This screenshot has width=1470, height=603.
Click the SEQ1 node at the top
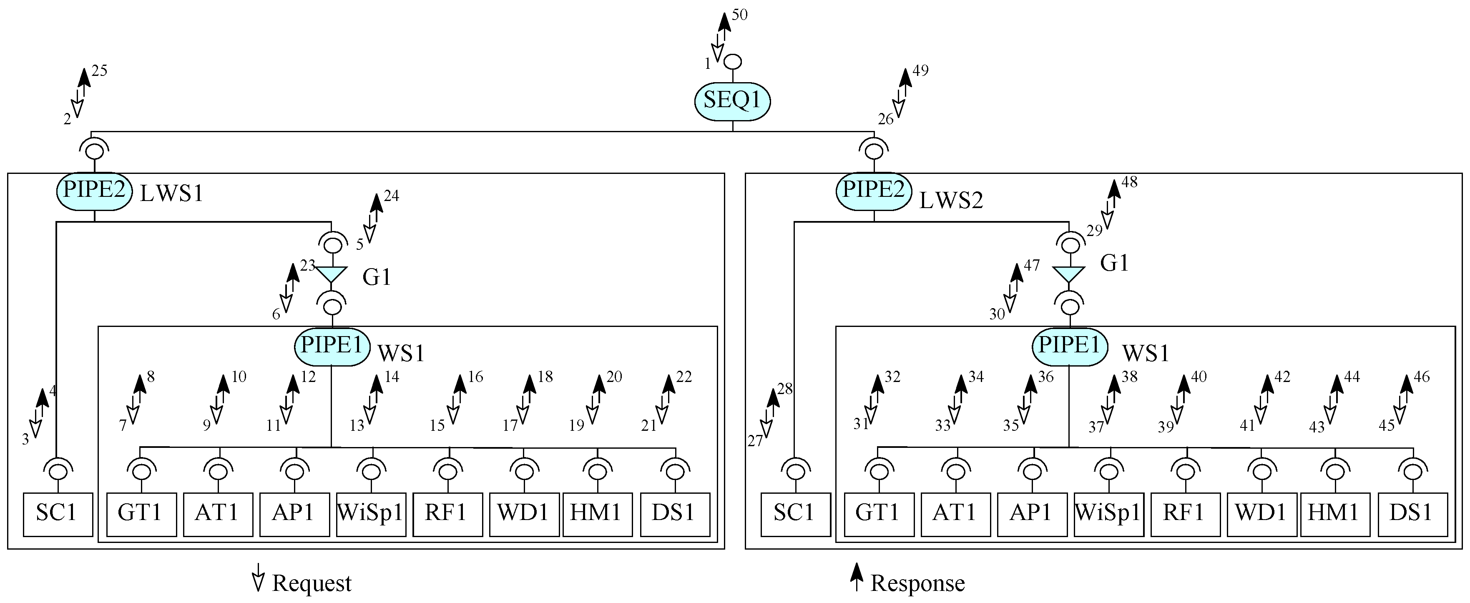[732, 100]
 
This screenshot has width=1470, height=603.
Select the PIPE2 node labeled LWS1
[94, 191]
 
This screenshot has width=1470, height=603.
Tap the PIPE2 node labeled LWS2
[873, 191]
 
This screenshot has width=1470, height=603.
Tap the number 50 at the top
[739, 15]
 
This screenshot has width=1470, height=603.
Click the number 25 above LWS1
[99, 71]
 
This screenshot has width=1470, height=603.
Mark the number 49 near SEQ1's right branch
[920, 71]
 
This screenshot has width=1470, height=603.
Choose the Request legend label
[312, 583]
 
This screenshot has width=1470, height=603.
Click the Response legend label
[917, 583]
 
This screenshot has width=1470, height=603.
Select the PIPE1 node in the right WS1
[1069, 346]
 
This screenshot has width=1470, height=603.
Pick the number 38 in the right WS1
[1129, 377]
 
